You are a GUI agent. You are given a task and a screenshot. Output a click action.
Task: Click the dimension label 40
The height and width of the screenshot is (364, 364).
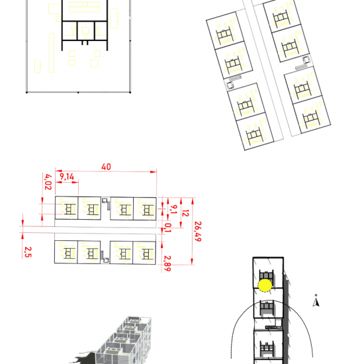click(106, 167)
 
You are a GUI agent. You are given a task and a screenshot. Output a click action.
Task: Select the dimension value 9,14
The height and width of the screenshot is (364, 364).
click(67, 177)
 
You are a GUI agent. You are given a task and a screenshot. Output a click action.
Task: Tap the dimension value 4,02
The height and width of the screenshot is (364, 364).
click(48, 182)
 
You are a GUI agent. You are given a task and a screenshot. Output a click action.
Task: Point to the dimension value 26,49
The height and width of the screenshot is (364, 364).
click(198, 232)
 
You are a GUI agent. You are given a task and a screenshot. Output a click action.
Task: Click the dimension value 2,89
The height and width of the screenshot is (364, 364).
click(167, 263)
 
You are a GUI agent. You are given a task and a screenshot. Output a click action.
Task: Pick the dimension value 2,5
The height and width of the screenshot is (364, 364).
click(28, 252)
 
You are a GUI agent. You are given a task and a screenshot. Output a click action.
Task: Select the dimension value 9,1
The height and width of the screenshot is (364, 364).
click(173, 209)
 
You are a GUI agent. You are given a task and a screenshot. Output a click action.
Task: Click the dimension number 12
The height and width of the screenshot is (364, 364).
click(185, 213)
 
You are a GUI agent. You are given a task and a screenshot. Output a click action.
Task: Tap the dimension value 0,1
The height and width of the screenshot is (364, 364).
click(167, 228)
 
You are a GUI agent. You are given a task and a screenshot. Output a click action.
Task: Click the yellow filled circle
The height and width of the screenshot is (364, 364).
click(265, 285)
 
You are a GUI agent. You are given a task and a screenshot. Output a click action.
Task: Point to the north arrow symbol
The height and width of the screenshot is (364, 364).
click(316, 302)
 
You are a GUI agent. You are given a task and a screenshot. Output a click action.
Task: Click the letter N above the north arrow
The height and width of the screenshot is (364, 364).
click(316, 295)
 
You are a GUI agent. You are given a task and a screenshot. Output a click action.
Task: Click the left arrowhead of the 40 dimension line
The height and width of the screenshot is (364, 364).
click(58, 171)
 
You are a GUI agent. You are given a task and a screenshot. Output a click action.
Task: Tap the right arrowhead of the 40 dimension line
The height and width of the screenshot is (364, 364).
click(154, 172)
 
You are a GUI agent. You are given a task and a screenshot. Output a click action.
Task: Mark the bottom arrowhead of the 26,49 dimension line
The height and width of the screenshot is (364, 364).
click(192, 261)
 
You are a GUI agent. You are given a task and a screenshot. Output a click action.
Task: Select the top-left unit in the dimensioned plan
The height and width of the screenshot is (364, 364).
click(66, 208)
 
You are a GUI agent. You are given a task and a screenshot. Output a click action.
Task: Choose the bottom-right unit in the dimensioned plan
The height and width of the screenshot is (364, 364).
click(144, 253)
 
